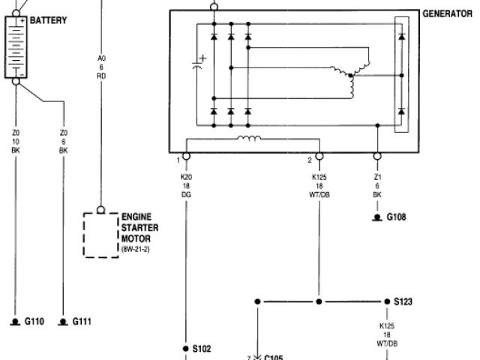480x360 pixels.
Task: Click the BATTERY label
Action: pyautogui.click(x=48, y=20)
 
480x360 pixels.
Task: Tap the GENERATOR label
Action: pyautogui.click(x=447, y=13)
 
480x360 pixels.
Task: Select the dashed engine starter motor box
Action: pyautogui.click(x=100, y=234)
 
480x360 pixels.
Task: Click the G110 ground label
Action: pyautogui.click(x=34, y=322)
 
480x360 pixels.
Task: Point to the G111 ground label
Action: pyautogui.click(x=82, y=322)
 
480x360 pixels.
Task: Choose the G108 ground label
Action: pyautogui.click(x=395, y=217)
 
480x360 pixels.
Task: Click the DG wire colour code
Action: pyautogui.click(x=186, y=194)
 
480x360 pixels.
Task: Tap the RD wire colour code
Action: pyautogui.click(x=101, y=76)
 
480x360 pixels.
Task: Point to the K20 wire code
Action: pyautogui.click(x=186, y=178)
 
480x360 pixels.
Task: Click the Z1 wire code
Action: pyautogui.click(x=377, y=178)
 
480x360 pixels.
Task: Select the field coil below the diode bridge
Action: pyautogui.click(x=247, y=139)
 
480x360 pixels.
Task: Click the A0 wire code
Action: pyautogui.click(x=101, y=58)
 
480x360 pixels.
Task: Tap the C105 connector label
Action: pyautogui.click(x=273, y=358)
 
